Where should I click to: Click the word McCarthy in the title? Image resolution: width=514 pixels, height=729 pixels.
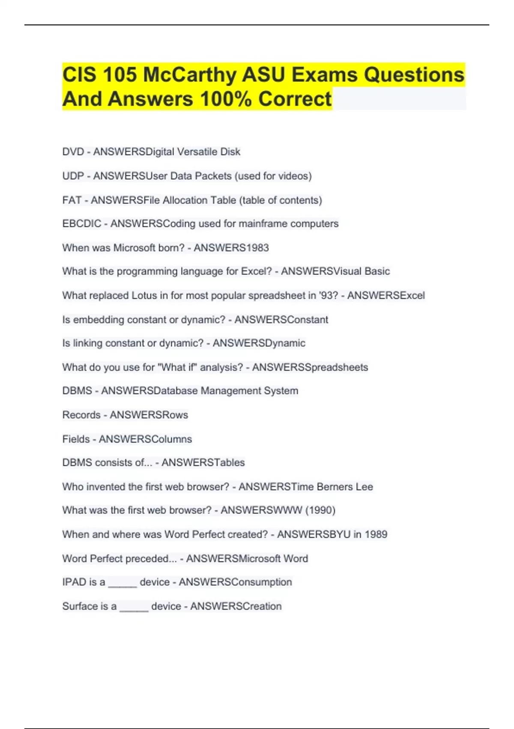coord(190,75)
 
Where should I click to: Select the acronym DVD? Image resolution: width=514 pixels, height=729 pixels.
coord(73,152)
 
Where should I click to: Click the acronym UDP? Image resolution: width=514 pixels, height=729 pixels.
coord(73,176)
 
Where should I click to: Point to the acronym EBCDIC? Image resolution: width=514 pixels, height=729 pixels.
coord(82,224)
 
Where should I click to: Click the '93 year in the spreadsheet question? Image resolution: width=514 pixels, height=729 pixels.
coord(329,295)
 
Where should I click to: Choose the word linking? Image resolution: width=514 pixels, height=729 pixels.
coord(87,343)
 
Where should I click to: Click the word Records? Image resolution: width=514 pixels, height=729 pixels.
coord(81,415)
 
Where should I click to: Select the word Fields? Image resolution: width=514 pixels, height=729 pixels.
coord(76,439)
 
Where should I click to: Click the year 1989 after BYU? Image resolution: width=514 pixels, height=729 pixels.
coord(376,534)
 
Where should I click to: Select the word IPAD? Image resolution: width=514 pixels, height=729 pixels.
coord(74,582)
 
